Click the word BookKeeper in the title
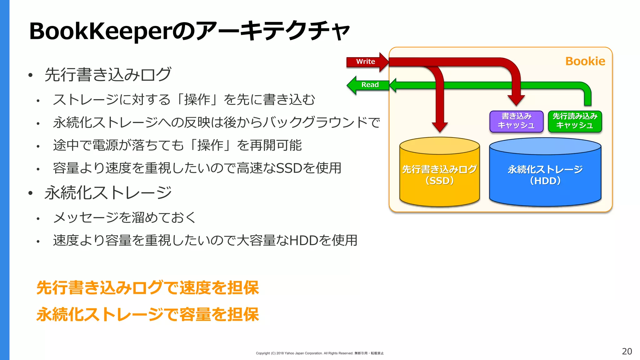tap(100, 31)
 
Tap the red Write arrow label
tap(366, 62)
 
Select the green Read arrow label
tap(370, 85)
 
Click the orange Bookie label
tap(585, 61)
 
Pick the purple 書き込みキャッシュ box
tap(516, 121)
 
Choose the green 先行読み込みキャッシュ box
tap(575, 121)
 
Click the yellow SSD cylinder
tap(439, 175)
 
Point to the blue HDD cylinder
tap(545, 175)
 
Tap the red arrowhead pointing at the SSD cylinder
tap(440, 127)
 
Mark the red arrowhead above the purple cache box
tap(516, 100)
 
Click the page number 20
tap(627, 351)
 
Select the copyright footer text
tap(319, 353)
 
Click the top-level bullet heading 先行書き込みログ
tap(108, 74)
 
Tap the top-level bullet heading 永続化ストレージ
tap(108, 192)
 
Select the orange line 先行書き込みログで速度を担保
tap(147, 287)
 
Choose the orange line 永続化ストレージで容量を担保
tap(147, 314)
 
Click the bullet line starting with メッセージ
tap(124, 217)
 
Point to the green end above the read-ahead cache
tap(587, 102)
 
